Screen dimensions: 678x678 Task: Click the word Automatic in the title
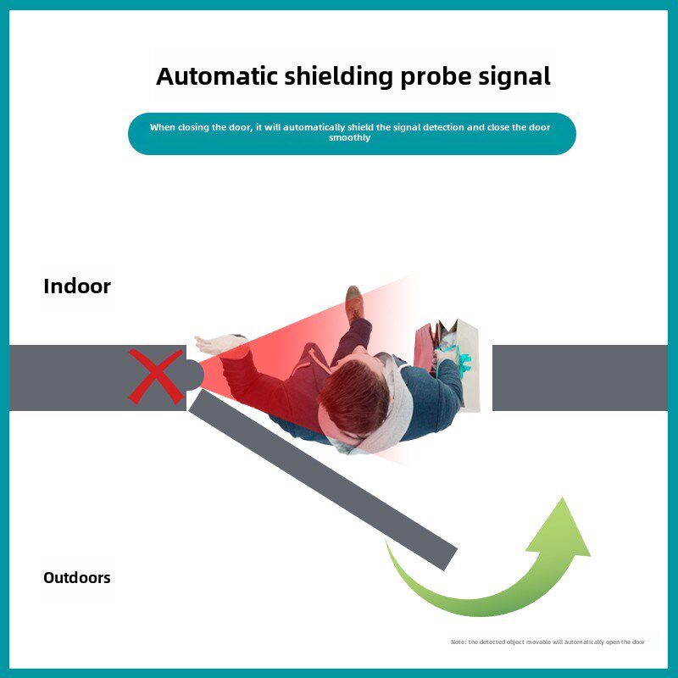point(217,76)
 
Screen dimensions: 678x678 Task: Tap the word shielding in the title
point(338,77)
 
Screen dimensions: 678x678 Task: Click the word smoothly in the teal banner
point(349,137)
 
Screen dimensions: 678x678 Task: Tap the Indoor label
point(77,286)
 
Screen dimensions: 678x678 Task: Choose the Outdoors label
point(77,578)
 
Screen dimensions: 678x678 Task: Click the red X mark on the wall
point(156,376)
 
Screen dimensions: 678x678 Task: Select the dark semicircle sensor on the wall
point(196,375)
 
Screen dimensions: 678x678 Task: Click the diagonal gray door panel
point(323,479)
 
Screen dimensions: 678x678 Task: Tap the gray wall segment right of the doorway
point(580,378)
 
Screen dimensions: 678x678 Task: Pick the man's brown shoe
point(354,303)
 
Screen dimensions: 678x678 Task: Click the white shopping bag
point(467,364)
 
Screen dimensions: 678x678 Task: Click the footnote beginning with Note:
point(547,642)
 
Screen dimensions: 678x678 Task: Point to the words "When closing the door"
point(200,128)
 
